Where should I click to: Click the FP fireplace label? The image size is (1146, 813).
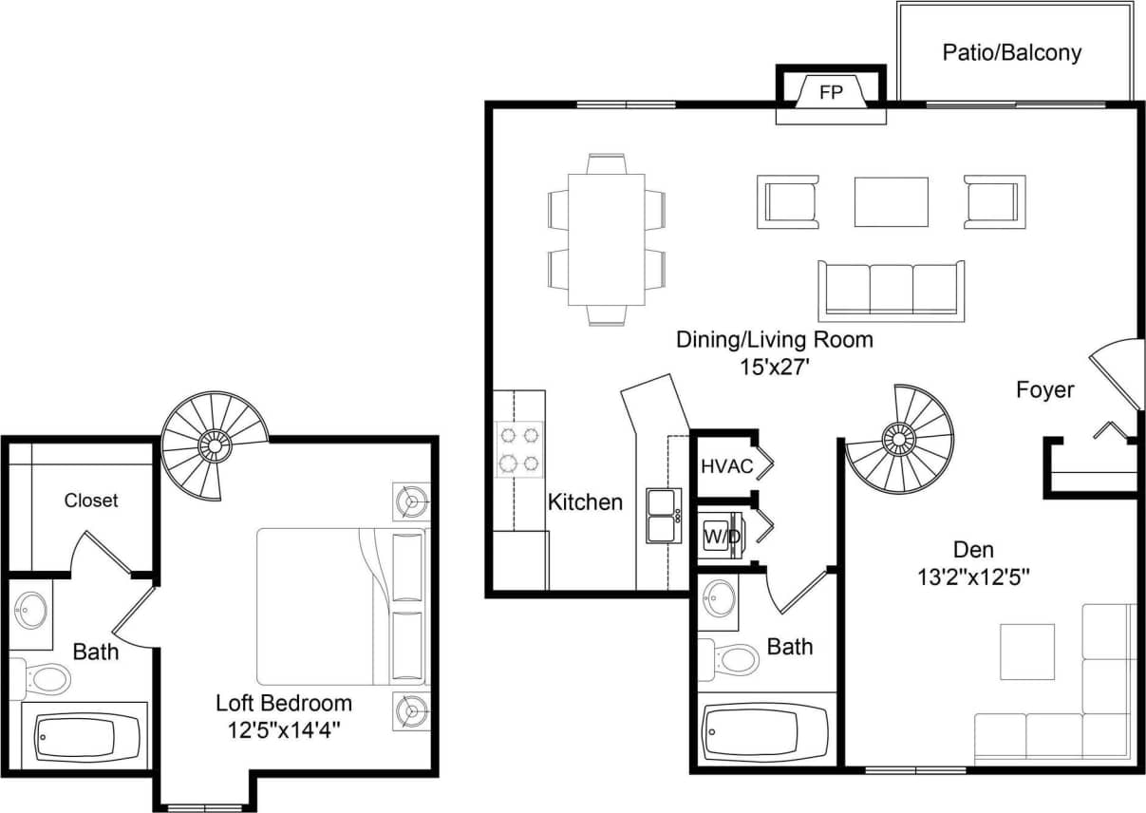[831, 93]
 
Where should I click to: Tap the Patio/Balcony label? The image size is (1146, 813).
[1011, 52]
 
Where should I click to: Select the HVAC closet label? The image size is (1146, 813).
[726, 466]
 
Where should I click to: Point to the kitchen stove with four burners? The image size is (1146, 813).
[519, 449]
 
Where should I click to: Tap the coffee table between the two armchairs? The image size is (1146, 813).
[891, 201]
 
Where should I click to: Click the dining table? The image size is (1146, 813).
[606, 239]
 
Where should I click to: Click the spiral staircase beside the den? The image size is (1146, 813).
[899, 438]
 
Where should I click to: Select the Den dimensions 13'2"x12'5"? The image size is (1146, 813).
[973, 576]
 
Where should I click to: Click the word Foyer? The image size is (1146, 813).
[1044, 389]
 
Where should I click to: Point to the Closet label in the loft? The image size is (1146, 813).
[91, 500]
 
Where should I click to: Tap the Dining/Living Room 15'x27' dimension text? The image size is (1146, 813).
[774, 366]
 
